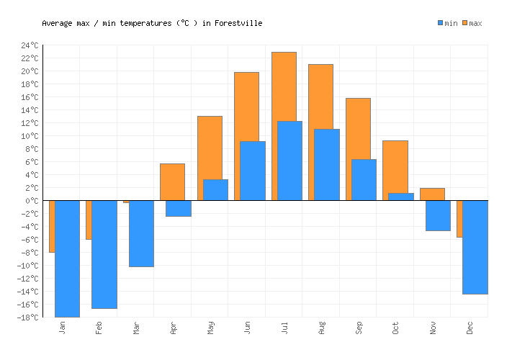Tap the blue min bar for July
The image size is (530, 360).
click(x=289, y=161)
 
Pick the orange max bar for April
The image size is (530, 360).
click(x=172, y=181)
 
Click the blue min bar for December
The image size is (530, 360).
click(x=475, y=247)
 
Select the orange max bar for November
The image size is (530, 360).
click(x=432, y=194)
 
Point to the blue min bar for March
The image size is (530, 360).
click(x=141, y=233)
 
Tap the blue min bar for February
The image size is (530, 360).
click(x=104, y=254)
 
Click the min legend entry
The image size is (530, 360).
click(x=447, y=23)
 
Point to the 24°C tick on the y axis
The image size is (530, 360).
click(x=29, y=45)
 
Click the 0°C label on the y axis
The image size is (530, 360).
click(x=31, y=201)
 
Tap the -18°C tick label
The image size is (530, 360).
click(x=27, y=318)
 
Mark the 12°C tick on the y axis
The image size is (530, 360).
click(x=29, y=123)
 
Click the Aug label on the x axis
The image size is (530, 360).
click(x=322, y=328)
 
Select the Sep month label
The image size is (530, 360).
click(x=359, y=328)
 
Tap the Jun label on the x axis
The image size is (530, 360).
click(x=248, y=328)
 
